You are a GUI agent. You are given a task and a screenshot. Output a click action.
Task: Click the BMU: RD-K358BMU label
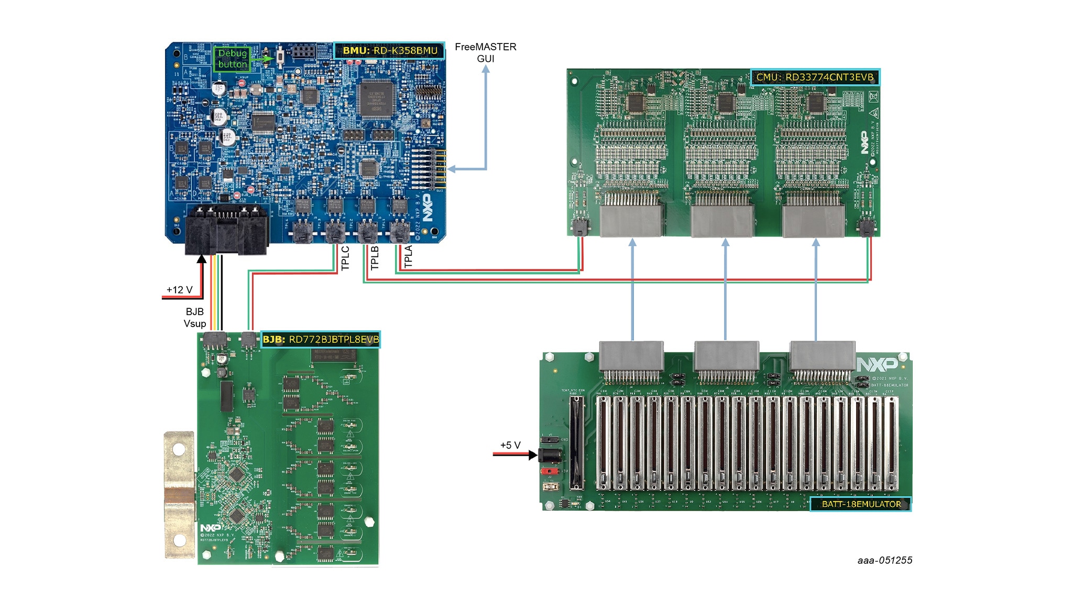coord(389,50)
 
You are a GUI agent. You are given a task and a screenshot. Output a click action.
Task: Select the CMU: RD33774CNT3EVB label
coord(815,77)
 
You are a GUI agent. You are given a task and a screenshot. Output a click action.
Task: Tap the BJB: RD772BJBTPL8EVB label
coord(320,339)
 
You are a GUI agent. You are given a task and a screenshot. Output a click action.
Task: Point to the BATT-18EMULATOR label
coord(861,504)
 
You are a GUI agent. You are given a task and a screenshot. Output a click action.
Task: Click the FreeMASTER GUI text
coord(485,52)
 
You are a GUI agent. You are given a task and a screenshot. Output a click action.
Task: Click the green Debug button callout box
coord(232,59)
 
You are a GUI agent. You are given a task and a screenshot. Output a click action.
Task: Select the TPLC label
coord(345,258)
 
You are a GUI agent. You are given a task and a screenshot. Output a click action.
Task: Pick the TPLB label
coord(375,258)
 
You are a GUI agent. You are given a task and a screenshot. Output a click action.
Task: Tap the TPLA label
coord(409,257)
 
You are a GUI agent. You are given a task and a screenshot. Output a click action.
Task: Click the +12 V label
coord(179,289)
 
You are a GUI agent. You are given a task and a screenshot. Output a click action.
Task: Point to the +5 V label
coord(510,445)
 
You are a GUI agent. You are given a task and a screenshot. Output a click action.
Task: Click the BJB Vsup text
coord(194,318)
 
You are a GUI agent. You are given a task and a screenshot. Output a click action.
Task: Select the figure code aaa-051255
coord(884,560)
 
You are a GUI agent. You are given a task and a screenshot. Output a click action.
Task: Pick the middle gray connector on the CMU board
coord(722,221)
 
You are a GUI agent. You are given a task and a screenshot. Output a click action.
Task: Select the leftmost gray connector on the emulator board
coord(631,355)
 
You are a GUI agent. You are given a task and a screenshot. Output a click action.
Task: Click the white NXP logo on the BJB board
coord(211,527)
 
